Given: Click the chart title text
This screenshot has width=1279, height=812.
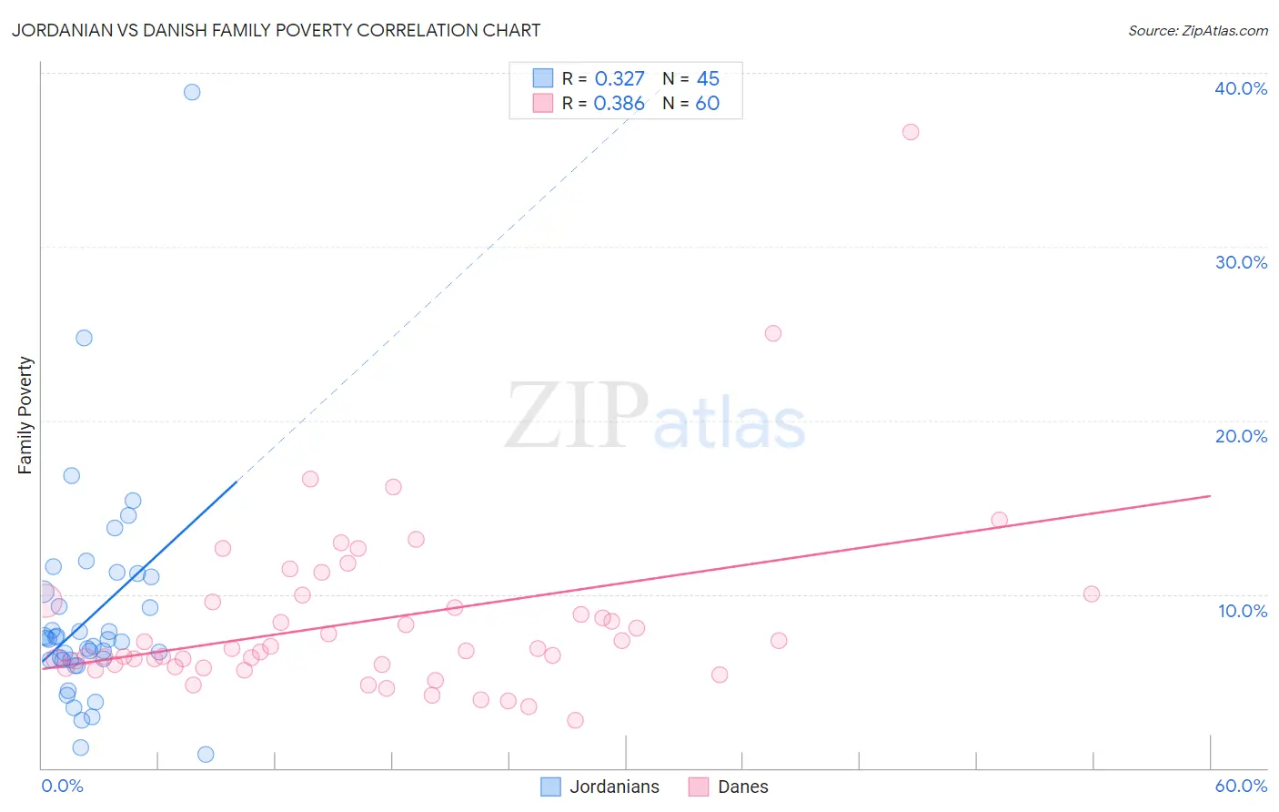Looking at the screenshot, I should [x=276, y=30].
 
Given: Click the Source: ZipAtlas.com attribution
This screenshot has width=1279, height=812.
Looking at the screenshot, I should [x=1197, y=30].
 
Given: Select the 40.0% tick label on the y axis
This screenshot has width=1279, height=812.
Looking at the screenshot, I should [x=1240, y=88].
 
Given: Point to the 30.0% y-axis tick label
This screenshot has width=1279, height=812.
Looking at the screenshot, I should [x=1240, y=262].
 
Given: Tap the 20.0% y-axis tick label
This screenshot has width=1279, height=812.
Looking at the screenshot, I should [x=1240, y=436].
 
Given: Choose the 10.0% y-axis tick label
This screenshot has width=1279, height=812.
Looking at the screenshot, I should [x=1242, y=611].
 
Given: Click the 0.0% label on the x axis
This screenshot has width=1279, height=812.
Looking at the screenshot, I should [x=62, y=786].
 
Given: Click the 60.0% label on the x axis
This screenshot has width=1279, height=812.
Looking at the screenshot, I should [x=1241, y=786].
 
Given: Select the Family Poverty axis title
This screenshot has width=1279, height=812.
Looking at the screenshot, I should [x=25, y=415].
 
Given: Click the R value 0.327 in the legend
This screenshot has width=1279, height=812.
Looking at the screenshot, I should [x=619, y=79].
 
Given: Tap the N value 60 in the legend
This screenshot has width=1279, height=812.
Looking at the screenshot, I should [x=707, y=104].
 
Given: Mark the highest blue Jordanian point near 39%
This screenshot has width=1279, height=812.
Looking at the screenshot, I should [x=192, y=92].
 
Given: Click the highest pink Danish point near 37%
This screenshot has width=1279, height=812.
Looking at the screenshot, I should [x=911, y=132].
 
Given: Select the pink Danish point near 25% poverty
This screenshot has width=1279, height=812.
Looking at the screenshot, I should [x=773, y=333].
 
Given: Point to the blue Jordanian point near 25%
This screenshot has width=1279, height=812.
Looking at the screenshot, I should [x=84, y=338].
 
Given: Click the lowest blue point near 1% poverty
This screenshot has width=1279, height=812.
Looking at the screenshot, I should [x=206, y=754].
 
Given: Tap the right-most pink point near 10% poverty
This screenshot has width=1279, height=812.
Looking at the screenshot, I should [x=1092, y=594].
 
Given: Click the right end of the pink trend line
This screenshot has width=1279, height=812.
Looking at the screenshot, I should [x=1210, y=496].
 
